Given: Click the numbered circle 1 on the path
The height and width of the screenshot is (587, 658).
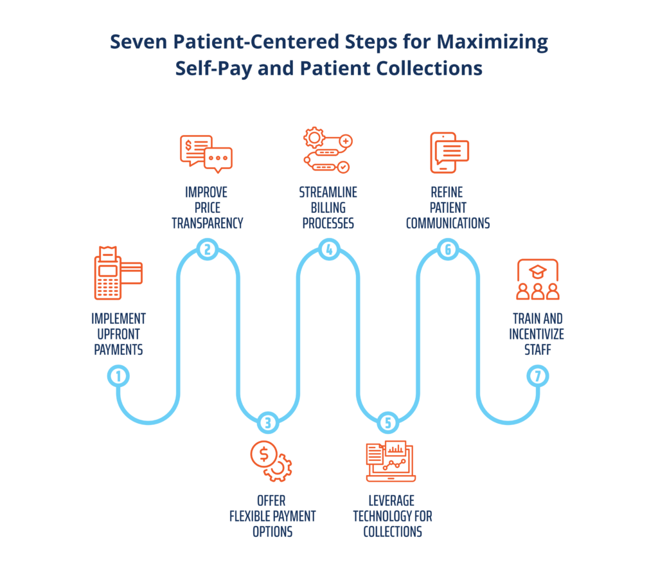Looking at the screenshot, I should click(x=118, y=376).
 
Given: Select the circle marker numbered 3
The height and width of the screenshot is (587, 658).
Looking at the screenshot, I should click(x=268, y=422).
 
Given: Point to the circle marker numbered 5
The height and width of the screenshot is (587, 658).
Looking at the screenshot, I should click(x=387, y=422).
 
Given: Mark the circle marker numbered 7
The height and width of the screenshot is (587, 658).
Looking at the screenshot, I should click(x=537, y=376).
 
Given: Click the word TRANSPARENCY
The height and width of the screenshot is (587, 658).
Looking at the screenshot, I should click(x=206, y=223).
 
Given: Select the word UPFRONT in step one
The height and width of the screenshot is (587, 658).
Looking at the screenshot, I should click(x=118, y=334).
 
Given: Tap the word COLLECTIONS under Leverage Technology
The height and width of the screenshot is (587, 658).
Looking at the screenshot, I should click(x=392, y=532).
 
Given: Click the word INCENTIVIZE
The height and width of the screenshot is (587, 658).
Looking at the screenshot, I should click(x=537, y=334).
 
